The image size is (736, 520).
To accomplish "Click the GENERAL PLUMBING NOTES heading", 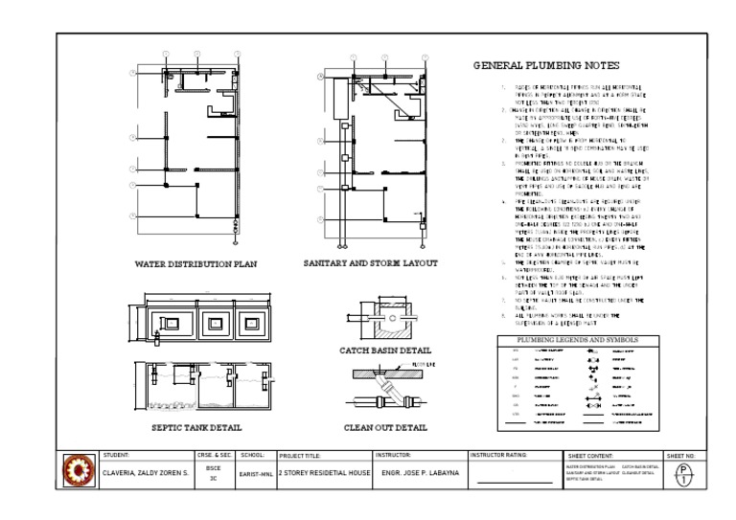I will click(x=539, y=66).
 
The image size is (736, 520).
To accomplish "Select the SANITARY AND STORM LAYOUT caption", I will click(x=370, y=262).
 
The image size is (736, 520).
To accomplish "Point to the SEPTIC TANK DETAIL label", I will click(x=196, y=427).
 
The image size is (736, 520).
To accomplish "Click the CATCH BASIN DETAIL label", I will click(x=385, y=350).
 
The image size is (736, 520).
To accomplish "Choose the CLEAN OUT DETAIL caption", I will click(x=385, y=427).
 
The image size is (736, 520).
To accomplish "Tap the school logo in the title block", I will click(x=79, y=472).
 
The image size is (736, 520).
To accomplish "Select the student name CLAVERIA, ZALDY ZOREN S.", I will click(x=146, y=473).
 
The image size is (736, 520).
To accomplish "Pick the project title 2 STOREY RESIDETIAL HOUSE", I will click(x=323, y=473).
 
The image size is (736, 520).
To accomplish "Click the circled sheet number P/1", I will click(x=683, y=473).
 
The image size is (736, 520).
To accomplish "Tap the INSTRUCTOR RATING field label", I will click(x=498, y=455).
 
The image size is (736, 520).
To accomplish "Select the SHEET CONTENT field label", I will click(x=590, y=456).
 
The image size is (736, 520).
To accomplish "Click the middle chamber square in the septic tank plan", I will click(x=214, y=324).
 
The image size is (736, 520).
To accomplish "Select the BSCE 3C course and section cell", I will click(x=214, y=473).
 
